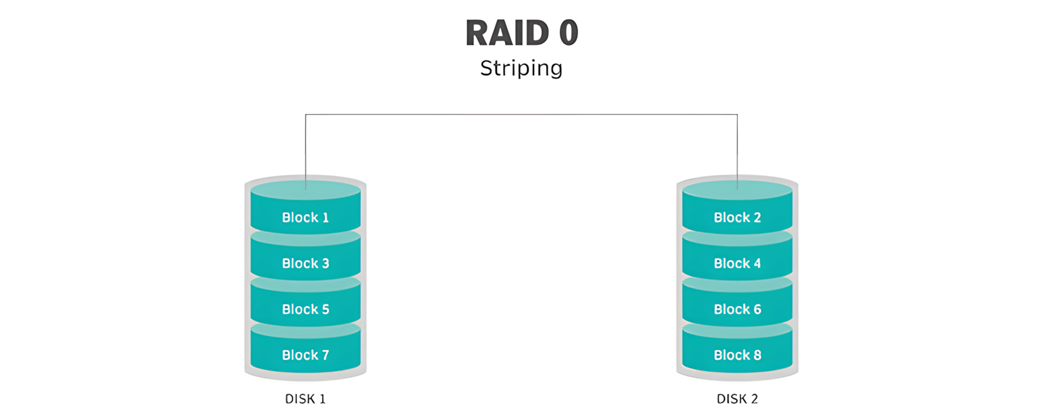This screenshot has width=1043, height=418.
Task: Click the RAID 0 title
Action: pyautogui.click(x=521, y=33)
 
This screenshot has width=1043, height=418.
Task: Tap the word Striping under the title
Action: pyautogui.click(x=521, y=68)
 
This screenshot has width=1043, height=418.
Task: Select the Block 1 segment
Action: pyautogui.click(x=305, y=217)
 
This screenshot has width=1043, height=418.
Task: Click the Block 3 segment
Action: pyautogui.click(x=305, y=263)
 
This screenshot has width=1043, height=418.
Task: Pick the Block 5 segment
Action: pyautogui.click(x=305, y=309)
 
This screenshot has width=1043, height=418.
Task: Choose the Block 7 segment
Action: pyautogui.click(x=305, y=355)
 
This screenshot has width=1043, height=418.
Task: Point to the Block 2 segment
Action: pyautogui.click(x=737, y=217)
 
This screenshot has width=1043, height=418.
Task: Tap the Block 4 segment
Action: pyautogui.click(x=737, y=263)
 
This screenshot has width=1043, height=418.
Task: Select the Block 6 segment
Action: pyautogui.click(x=737, y=309)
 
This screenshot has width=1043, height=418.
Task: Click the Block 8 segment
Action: pyautogui.click(x=737, y=355)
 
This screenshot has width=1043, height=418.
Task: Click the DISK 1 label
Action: pyautogui.click(x=305, y=399)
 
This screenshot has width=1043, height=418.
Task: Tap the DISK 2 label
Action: pyautogui.click(x=737, y=399)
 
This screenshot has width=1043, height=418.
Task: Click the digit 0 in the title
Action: pyautogui.click(x=568, y=33)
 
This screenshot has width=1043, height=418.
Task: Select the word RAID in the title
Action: pyautogui.click(x=507, y=33)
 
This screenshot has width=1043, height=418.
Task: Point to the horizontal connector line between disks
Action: pyautogui.click(x=521, y=114)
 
